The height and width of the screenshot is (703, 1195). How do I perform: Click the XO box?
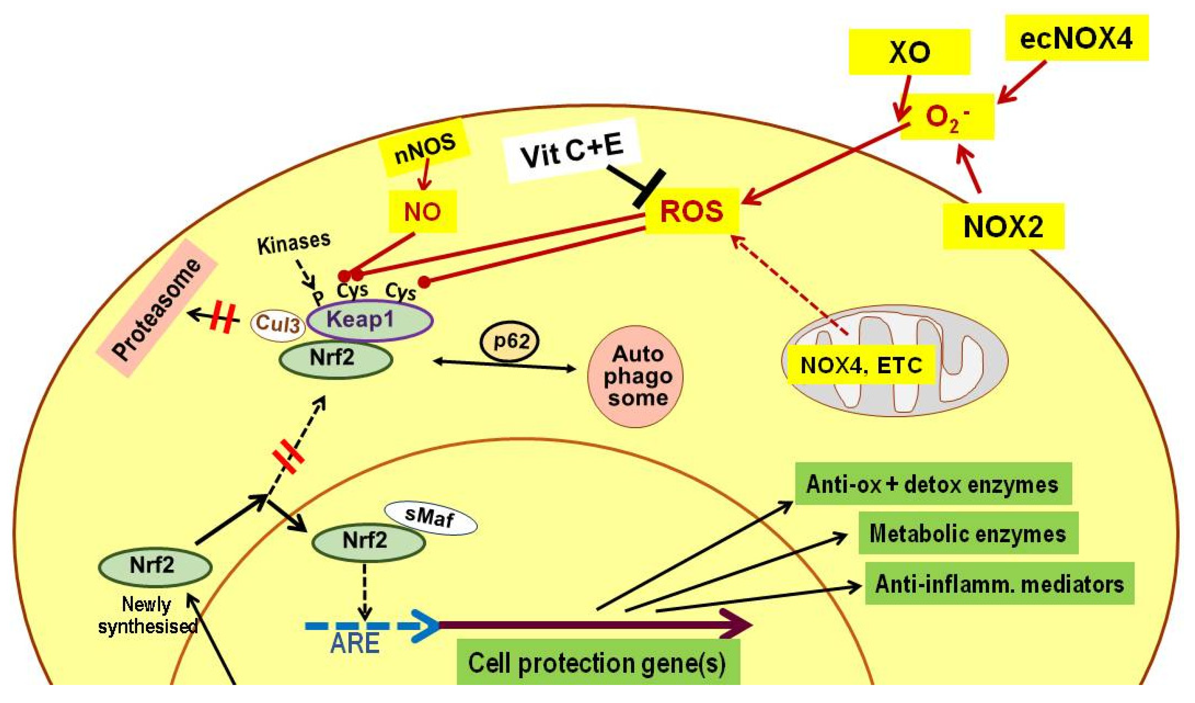pos(909,52)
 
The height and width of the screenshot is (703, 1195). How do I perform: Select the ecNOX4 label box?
pos(1076,38)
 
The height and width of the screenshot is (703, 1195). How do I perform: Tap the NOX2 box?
pos(1003,226)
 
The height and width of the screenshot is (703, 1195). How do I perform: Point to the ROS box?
pos(692,211)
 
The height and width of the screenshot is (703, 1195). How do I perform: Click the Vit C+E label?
pos(572,150)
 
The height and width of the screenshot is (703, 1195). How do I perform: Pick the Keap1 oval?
pos(370,320)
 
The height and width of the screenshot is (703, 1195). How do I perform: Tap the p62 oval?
pos(509,341)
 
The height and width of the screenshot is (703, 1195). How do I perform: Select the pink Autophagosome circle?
pos(635,376)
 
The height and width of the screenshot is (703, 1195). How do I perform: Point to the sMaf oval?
pos(430,518)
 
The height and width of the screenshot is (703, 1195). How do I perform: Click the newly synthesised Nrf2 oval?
pos(155,566)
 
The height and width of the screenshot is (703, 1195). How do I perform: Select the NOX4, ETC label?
pos(861,365)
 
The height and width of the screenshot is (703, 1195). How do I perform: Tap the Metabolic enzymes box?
pos(968,534)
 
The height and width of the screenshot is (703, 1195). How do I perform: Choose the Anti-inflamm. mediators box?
pos(999,584)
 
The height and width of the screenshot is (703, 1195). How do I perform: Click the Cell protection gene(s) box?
pos(597,663)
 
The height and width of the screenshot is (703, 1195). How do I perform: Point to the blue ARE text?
pos(355,643)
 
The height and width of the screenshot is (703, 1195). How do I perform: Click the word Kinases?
pos(294,242)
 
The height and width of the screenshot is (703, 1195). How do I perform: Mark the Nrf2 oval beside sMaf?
pos(368,541)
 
